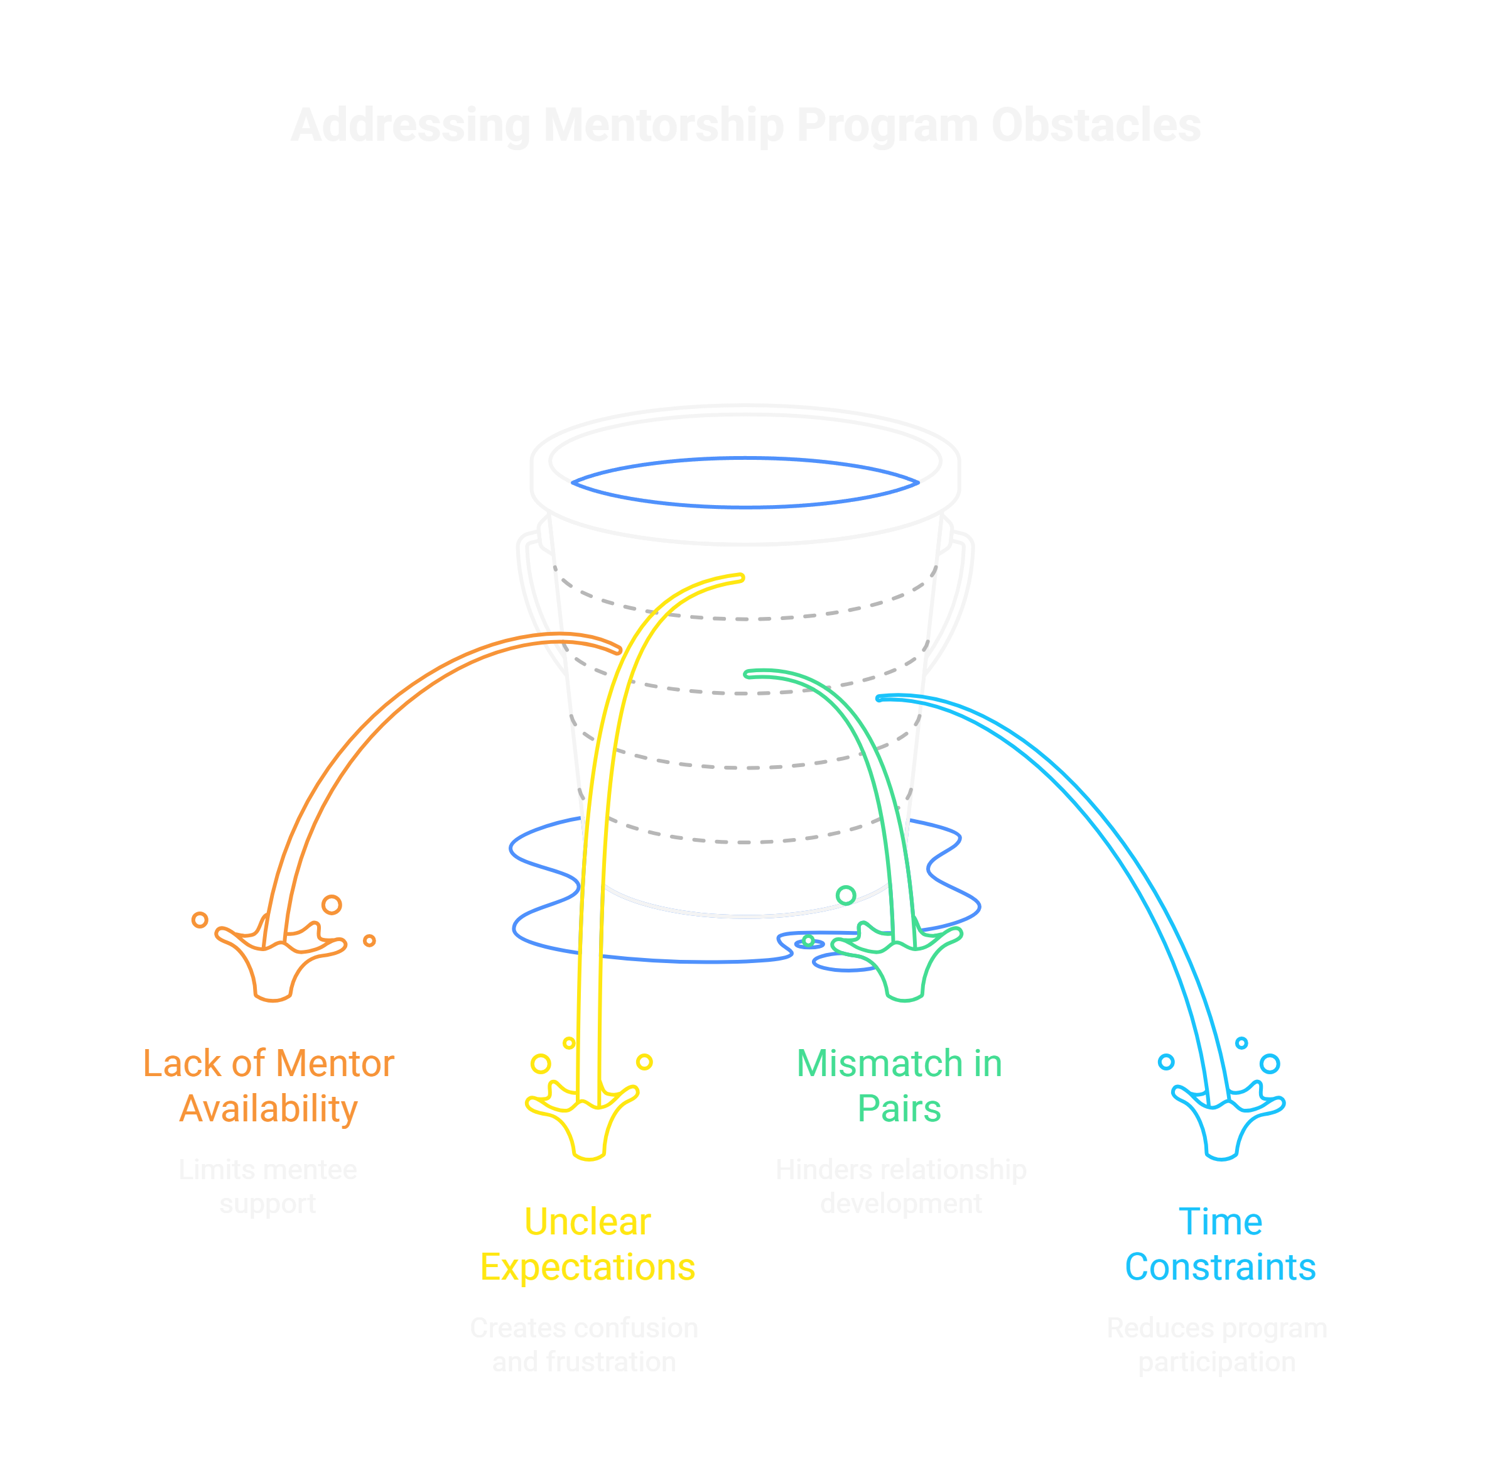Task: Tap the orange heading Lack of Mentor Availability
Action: coord(268,1086)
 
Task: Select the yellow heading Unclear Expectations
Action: coord(587,1244)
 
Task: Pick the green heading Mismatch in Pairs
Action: coord(899,1086)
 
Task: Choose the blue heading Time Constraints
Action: coord(1219,1244)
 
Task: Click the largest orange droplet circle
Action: coord(332,905)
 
